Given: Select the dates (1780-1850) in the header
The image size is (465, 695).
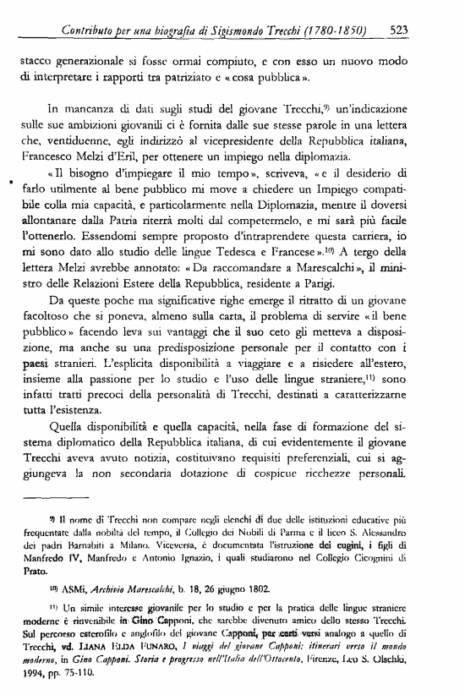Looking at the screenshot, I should [x=345, y=34].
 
